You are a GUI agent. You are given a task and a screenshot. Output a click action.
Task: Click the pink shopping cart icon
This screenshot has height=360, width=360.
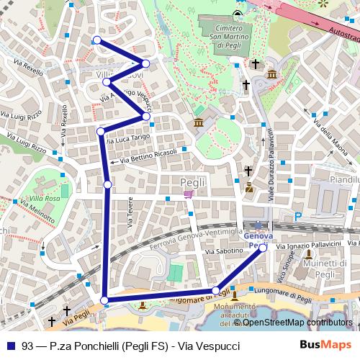pyautogui.click(x=188, y=193)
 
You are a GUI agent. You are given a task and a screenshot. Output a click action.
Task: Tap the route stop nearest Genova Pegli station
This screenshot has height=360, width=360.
pyautogui.click(x=263, y=247)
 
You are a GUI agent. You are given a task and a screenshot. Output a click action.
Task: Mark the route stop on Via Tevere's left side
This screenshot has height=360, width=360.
pyautogui.click(x=108, y=185)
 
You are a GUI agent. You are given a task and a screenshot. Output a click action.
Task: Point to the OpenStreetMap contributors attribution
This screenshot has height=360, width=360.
pyautogui.click(x=295, y=323)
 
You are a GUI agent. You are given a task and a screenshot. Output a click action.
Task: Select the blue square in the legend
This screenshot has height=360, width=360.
pyautogui.click(x=7, y=345)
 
